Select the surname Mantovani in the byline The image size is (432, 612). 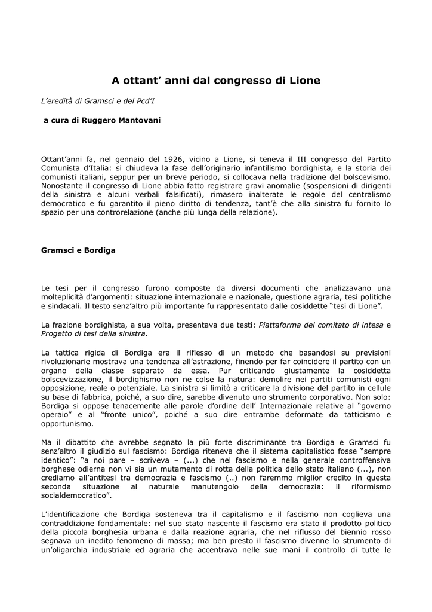coord(139,120)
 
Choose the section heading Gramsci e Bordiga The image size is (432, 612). coord(78,250)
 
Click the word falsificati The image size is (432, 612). coord(176,194)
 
